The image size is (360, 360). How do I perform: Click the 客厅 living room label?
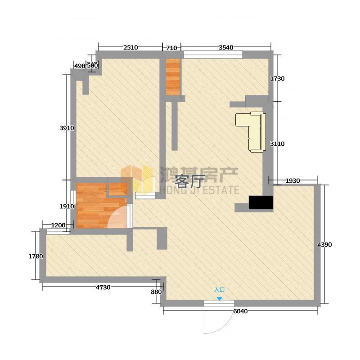pos(189,181)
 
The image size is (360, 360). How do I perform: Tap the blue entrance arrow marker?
pos(220,299)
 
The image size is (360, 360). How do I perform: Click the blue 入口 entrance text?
pos(219,290)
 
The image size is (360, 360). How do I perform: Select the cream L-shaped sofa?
pos(251,131)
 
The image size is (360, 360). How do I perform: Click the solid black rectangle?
pos(261,202)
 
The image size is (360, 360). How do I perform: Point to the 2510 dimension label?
pos(130,48)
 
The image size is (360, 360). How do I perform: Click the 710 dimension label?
pos(171,48)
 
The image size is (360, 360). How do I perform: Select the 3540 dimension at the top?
pos(226,48)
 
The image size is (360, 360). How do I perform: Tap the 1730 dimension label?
pos(277,79)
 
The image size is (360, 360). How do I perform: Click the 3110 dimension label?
pos(277,144)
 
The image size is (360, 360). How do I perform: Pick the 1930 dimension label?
pos(292,181)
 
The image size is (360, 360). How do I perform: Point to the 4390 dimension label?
pos(324,245)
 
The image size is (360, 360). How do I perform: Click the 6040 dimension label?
pos(240,311)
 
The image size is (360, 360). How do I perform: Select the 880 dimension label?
pos(156,292)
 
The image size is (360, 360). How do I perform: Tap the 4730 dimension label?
pos(103,288)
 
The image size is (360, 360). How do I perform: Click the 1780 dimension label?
pos(36,256)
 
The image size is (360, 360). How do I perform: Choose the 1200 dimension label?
pos(58,225)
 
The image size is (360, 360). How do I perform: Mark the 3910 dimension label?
pos(67,128)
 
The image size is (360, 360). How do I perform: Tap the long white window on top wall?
pos(213,54)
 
